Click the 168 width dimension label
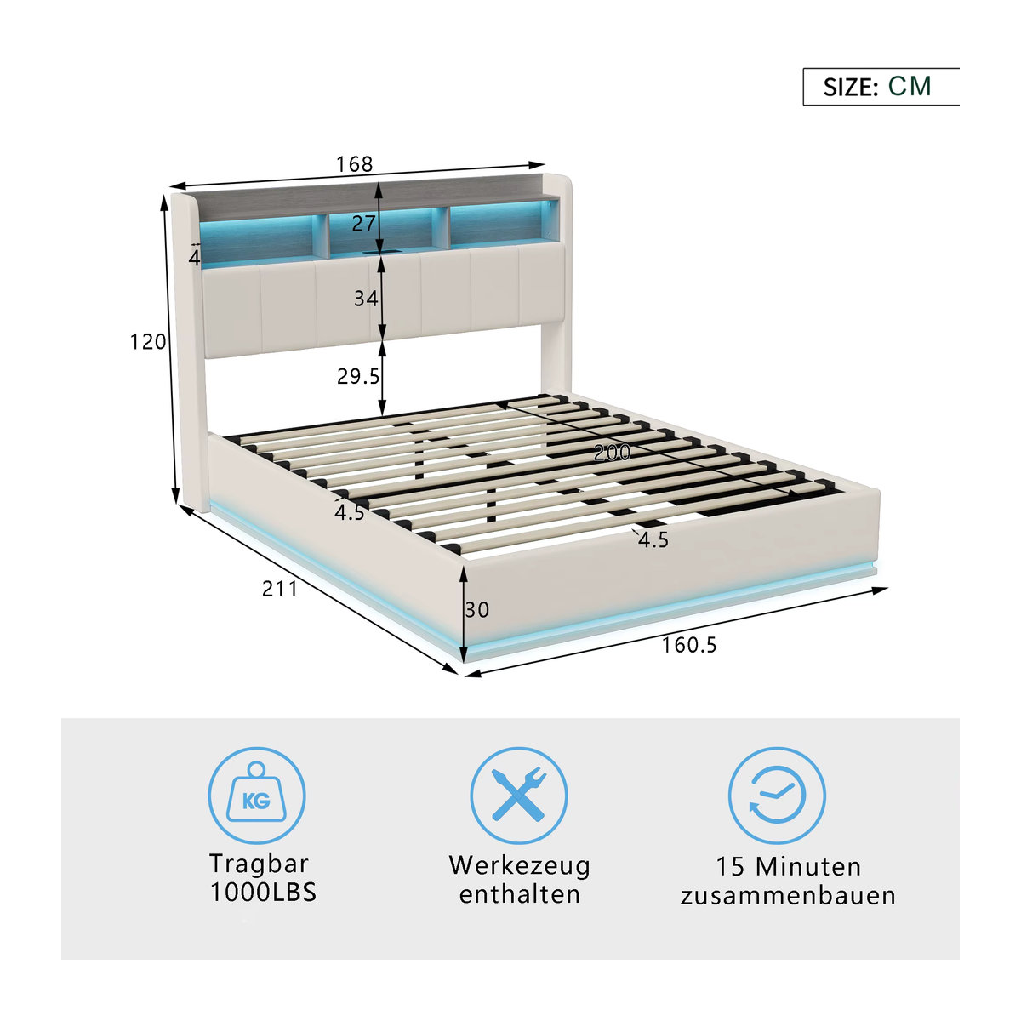pyautogui.click(x=355, y=164)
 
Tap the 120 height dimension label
pyautogui.click(x=148, y=342)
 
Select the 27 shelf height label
pyautogui.click(x=363, y=224)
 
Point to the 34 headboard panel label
pyautogui.click(x=366, y=299)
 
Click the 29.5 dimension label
pyautogui.click(x=359, y=376)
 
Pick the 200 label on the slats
pyautogui.click(x=613, y=453)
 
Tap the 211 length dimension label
pyautogui.click(x=280, y=589)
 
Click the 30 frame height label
pyautogui.click(x=476, y=610)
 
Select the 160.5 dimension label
pyautogui.click(x=689, y=645)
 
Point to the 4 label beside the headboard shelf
pyautogui.click(x=195, y=258)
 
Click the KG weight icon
pyautogui.click(x=256, y=796)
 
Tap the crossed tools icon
pyautogui.click(x=519, y=796)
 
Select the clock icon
pyautogui.click(x=777, y=796)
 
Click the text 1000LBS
pyautogui.click(x=263, y=892)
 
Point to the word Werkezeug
pyautogui.click(x=519, y=867)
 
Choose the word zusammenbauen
pyautogui.click(x=788, y=896)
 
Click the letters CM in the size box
pyautogui.click(x=910, y=87)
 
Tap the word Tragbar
pyautogui.click(x=260, y=864)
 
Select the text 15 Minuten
pyautogui.click(x=789, y=867)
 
